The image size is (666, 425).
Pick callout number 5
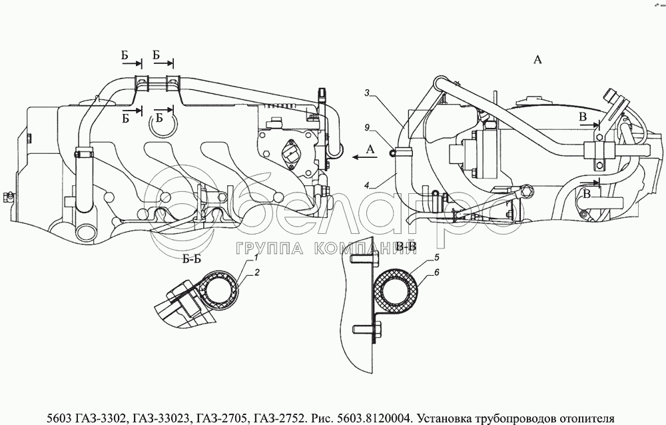(x=435, y=256)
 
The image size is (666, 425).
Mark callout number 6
(x=436, y=273)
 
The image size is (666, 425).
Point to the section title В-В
(x=406, y=247)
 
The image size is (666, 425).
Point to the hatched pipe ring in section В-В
(x=397, y=289)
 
